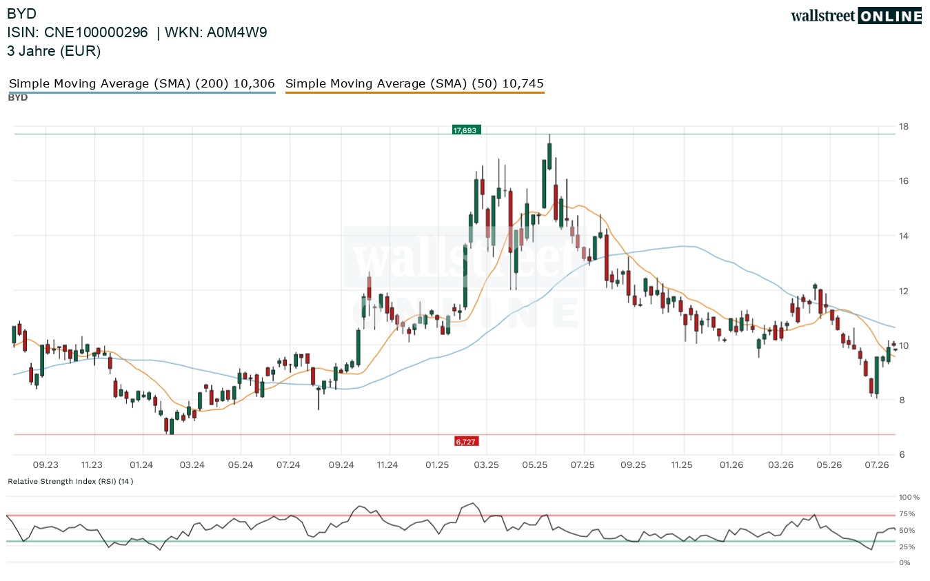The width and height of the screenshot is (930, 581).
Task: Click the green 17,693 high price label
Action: (466, 130)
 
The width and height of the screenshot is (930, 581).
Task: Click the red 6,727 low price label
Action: (466, 442)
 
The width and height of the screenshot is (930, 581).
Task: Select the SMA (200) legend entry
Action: (142, 83)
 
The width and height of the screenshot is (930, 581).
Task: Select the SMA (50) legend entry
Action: (414, 83)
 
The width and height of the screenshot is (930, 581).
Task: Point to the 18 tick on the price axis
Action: (903, 127)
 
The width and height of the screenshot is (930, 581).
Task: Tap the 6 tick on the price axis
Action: (902, 454)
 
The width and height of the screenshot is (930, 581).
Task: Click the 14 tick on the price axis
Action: (903, 236)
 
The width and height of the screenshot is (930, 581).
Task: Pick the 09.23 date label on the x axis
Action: (46, 465)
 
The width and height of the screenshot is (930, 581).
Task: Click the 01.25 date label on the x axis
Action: (437, 465)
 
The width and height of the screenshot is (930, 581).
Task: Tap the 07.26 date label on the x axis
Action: (877, 465)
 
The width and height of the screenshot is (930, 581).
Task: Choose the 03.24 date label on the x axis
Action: (192, 465)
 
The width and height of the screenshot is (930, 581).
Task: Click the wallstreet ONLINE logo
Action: (856, 16)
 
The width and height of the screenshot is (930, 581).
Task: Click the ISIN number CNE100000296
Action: (96, 32)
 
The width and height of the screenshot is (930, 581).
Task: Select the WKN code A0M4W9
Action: (236, 32)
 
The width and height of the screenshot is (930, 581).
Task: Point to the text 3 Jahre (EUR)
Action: (54, 51)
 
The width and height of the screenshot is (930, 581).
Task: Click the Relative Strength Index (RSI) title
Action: (70, 481)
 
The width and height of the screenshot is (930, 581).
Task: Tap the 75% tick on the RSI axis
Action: (907, 513)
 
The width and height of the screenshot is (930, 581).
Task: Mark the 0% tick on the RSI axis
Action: (904, 563)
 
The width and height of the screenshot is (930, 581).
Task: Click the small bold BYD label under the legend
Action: (18, 98)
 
